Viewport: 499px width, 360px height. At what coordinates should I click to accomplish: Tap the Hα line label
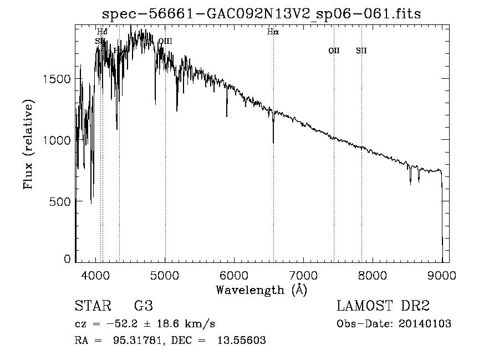[273, 32]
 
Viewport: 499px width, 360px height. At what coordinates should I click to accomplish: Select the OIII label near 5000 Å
[165, 41]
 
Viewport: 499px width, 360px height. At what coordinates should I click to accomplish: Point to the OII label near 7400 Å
[334, 51]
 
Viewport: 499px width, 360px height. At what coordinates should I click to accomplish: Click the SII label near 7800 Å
[361, 51]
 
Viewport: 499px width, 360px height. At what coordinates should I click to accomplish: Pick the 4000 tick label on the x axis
[96, 274]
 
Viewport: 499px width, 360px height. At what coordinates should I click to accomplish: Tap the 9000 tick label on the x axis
[442, 274]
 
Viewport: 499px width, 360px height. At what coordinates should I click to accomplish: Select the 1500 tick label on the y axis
[57, 79]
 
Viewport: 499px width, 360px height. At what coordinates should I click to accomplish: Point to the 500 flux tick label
[60, 201]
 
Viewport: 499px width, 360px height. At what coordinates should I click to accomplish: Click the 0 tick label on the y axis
[68, 259]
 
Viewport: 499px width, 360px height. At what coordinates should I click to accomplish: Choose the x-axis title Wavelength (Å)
[261, 289]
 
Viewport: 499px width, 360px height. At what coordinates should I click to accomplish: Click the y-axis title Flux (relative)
[28, 144]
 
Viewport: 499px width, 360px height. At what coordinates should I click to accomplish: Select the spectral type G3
[143, 306]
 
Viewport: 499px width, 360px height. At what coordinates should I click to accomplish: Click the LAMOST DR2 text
[383, 306]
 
